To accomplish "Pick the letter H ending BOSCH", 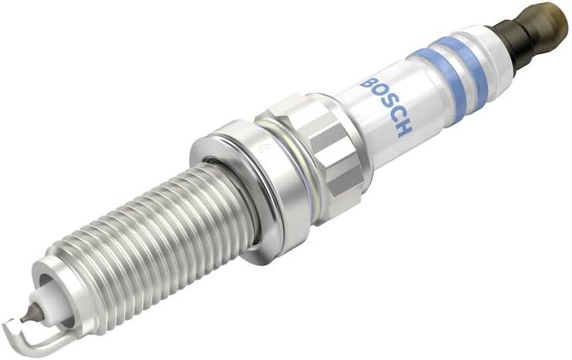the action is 405,127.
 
